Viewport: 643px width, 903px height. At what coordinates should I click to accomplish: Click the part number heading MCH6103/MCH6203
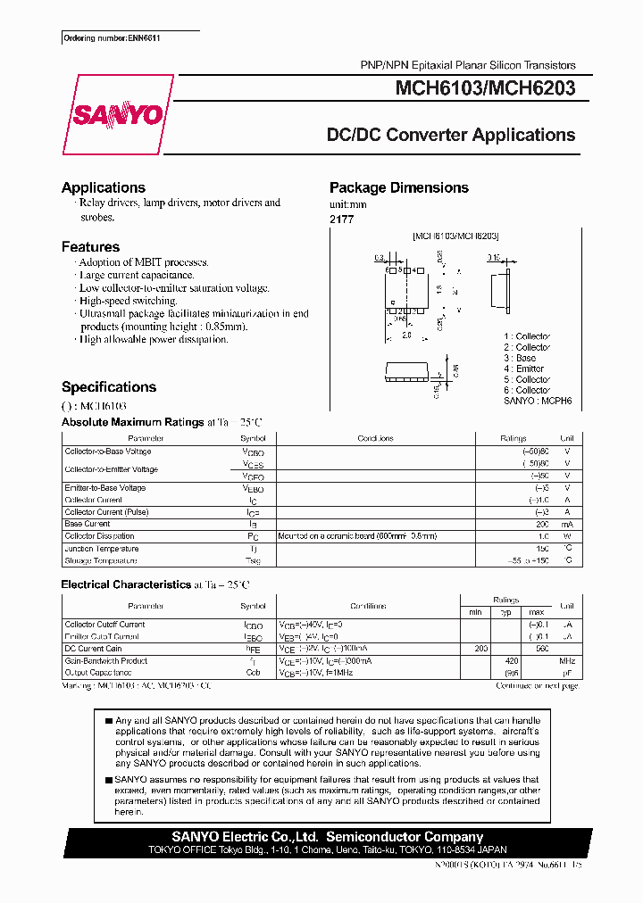tap(485, 88)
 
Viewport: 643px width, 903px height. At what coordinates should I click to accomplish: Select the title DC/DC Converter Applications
tap(450, 136)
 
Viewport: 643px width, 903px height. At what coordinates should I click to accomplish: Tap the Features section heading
tap(90, 246)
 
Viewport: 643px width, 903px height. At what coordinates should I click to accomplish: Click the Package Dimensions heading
tap(398, 187)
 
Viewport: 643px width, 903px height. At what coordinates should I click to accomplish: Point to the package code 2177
tap(341, 219)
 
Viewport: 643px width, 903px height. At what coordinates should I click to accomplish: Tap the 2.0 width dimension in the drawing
tap(407, 336)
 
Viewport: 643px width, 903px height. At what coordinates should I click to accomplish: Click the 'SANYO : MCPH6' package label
tap(537, 402)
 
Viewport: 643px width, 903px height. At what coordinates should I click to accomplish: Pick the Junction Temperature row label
tap(102, 549)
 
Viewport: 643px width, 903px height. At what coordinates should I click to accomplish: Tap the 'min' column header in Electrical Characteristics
tap(475, 611)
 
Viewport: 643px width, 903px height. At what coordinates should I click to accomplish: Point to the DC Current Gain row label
tap(94, 649)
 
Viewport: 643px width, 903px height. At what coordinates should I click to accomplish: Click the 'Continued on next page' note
tap(537, 685)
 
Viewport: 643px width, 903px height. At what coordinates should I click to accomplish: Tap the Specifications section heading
tap(109, 387)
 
